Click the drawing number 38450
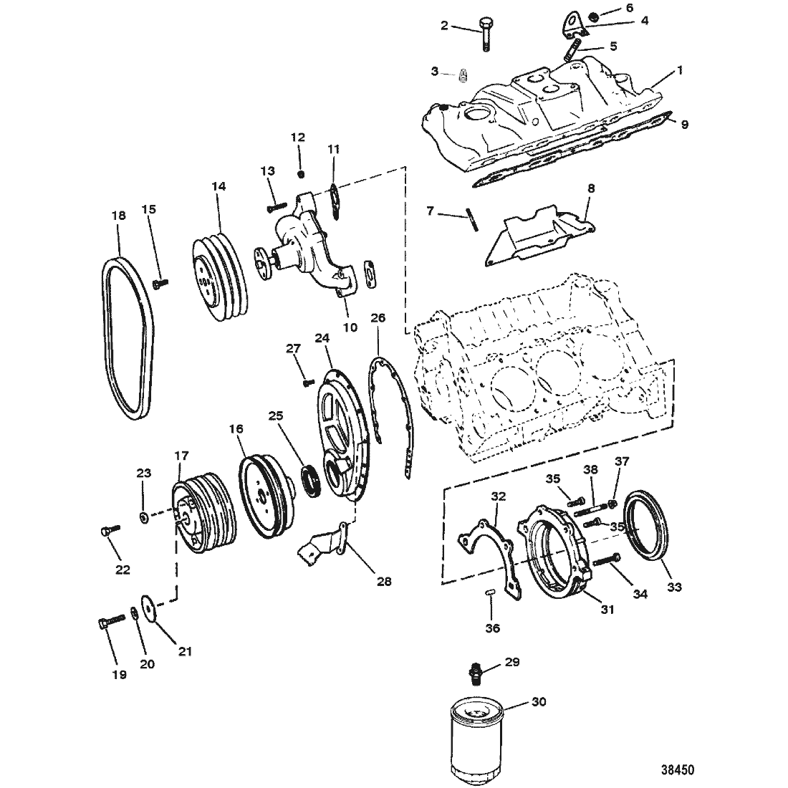(678, 769)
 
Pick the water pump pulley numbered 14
(220, 276)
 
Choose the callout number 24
(322, 339)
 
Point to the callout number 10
(350, 327)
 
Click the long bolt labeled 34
(607, 560)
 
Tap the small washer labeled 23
(143, 517)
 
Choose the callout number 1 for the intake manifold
(680, 71)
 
